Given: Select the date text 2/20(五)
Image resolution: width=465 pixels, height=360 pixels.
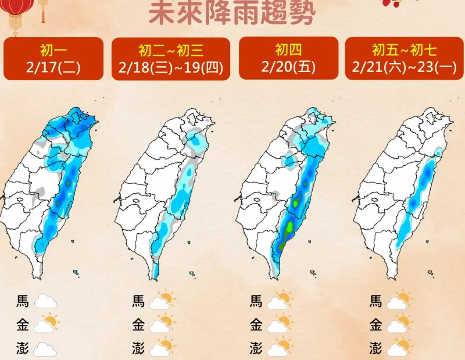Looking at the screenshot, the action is point(289,67).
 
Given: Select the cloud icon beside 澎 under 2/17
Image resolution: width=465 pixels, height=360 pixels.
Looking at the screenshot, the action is point(45,349).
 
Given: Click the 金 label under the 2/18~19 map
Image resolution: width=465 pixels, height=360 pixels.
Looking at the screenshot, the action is point(138,325).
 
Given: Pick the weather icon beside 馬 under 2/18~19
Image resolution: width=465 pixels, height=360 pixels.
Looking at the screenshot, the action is point(162,300).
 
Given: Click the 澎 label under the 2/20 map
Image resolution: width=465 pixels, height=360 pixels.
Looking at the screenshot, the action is point(256,348).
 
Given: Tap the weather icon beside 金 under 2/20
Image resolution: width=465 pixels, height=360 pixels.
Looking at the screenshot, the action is point(280,323).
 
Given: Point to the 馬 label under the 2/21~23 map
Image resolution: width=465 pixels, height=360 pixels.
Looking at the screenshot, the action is point(376,301).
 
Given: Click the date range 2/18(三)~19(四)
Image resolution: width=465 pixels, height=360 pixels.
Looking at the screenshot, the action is point(171,67).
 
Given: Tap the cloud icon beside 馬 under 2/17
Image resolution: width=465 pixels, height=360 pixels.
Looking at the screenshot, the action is point(45,302).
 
